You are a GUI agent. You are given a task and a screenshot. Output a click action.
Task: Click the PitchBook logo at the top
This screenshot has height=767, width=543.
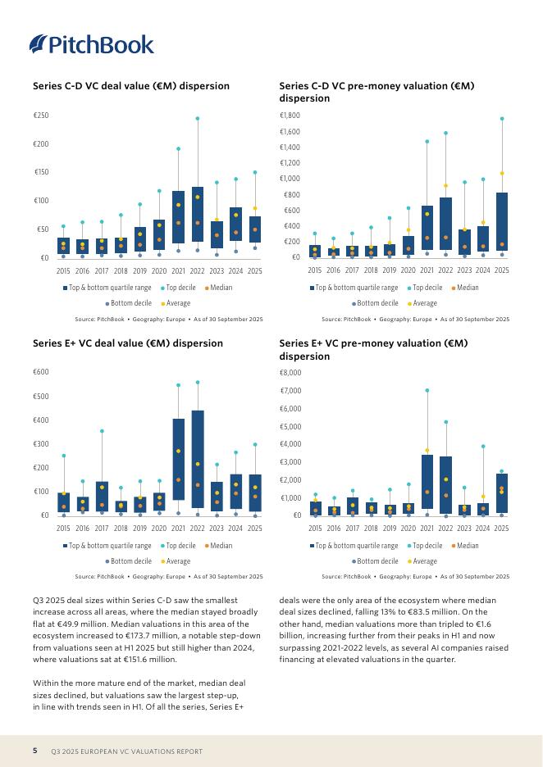pyautogui.click(x=91, y=43)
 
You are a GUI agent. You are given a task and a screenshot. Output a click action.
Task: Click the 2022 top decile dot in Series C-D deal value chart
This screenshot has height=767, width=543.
pyautogui.click(x=198, y=118)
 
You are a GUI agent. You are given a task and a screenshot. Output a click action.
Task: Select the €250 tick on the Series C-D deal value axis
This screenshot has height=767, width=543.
pyautogui.click(x=40, y=116)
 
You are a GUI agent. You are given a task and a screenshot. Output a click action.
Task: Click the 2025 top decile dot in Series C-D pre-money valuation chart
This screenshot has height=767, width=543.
pyautogui.click(x=502, y=119)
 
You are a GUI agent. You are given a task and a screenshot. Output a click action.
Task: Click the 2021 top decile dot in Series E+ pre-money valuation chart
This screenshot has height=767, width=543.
pyautogui.click(x=427, y=390)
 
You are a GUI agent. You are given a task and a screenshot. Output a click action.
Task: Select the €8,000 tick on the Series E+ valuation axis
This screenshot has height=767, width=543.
pyautogui.click(x=291, y=373)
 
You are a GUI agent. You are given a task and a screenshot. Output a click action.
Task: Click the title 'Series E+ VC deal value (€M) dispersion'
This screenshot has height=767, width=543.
pyautogui.click(x=127, y=343)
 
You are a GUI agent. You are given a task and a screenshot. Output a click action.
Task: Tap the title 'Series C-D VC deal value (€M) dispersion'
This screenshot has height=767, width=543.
pyautogui.click(x=130, y=86)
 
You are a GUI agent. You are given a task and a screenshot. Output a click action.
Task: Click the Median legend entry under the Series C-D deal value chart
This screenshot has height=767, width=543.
pyautogui.click(x=218, y=288)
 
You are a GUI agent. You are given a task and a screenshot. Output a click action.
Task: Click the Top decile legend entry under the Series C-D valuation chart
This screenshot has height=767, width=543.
pyautogui.click(x=425, y=288)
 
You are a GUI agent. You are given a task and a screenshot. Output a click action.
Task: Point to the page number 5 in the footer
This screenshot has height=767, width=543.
pyautogui.click(x=35, y=751)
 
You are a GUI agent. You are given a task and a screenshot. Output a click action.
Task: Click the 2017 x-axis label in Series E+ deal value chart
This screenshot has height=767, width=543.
pyautogui.click(x=102, y=529)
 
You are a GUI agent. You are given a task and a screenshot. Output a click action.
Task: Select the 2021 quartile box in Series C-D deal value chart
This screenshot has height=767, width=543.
pyautogui.click(x=179, y=217)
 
